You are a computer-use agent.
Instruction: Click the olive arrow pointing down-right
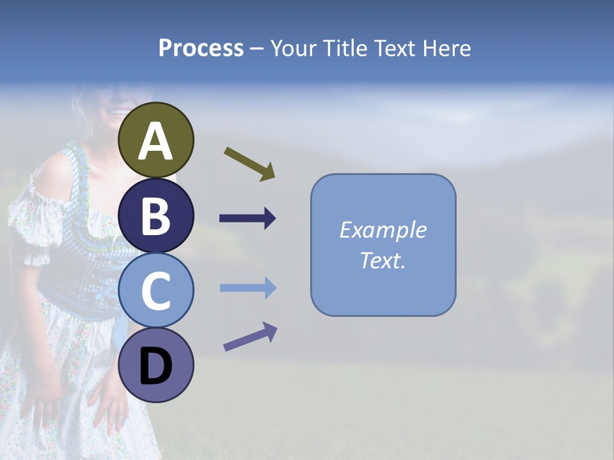(x=249, y=164)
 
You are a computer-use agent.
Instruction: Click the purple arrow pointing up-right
(x=250, y=337)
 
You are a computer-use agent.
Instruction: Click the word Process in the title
(x=201, y=48)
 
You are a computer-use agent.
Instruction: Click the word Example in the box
(x=382, y=230)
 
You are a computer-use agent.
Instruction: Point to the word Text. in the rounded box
(x=382, y=261)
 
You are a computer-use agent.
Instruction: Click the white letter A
(x=156, y=142)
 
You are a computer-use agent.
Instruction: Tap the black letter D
(x=156, y=367)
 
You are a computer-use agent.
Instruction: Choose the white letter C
(x=156, y=291)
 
